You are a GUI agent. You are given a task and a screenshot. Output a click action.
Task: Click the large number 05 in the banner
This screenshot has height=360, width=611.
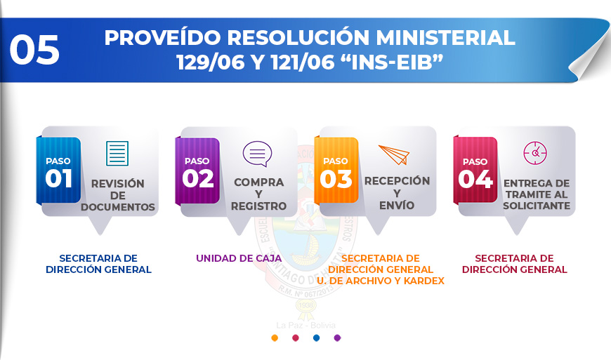tap(34, 49)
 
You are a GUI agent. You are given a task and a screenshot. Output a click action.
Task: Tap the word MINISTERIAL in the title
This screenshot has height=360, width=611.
tap(445, 38)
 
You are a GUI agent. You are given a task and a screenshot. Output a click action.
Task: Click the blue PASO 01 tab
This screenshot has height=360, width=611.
tap(59, 171)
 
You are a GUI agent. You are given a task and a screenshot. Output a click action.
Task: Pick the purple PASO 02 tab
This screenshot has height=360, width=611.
tap(197, 171)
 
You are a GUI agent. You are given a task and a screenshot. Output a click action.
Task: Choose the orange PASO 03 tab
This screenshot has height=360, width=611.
tap(336, 171)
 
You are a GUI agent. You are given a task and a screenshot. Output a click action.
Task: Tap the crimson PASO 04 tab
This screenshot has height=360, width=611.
tap(475, 171)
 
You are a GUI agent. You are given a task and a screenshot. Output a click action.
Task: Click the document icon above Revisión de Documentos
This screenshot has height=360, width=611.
tap(117, 154)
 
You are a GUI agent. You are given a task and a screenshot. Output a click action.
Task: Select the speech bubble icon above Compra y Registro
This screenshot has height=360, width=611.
tap(257, 154)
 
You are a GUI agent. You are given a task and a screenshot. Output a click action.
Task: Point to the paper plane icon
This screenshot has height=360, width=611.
tap(395, 154)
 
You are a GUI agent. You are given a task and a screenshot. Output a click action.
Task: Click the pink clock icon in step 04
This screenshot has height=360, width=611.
tap(535, 153)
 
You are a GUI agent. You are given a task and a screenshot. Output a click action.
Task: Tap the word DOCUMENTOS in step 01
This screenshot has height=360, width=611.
tap(118, 207)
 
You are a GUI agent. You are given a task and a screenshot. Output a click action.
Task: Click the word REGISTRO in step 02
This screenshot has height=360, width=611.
tap(258, 206)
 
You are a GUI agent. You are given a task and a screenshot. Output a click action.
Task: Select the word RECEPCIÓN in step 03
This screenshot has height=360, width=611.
tap(397, 181)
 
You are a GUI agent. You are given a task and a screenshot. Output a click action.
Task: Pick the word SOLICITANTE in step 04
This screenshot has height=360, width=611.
tap(537, 206)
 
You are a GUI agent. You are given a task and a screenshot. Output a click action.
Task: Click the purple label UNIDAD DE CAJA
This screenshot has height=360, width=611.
tap(239, 258)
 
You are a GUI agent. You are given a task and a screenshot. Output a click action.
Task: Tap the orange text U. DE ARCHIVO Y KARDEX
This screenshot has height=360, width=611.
tap(381, 281)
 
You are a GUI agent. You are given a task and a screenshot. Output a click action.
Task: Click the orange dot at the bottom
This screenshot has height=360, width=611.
tap(275, 338)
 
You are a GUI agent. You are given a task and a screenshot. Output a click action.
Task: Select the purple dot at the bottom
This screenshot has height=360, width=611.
tap(337, 338)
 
